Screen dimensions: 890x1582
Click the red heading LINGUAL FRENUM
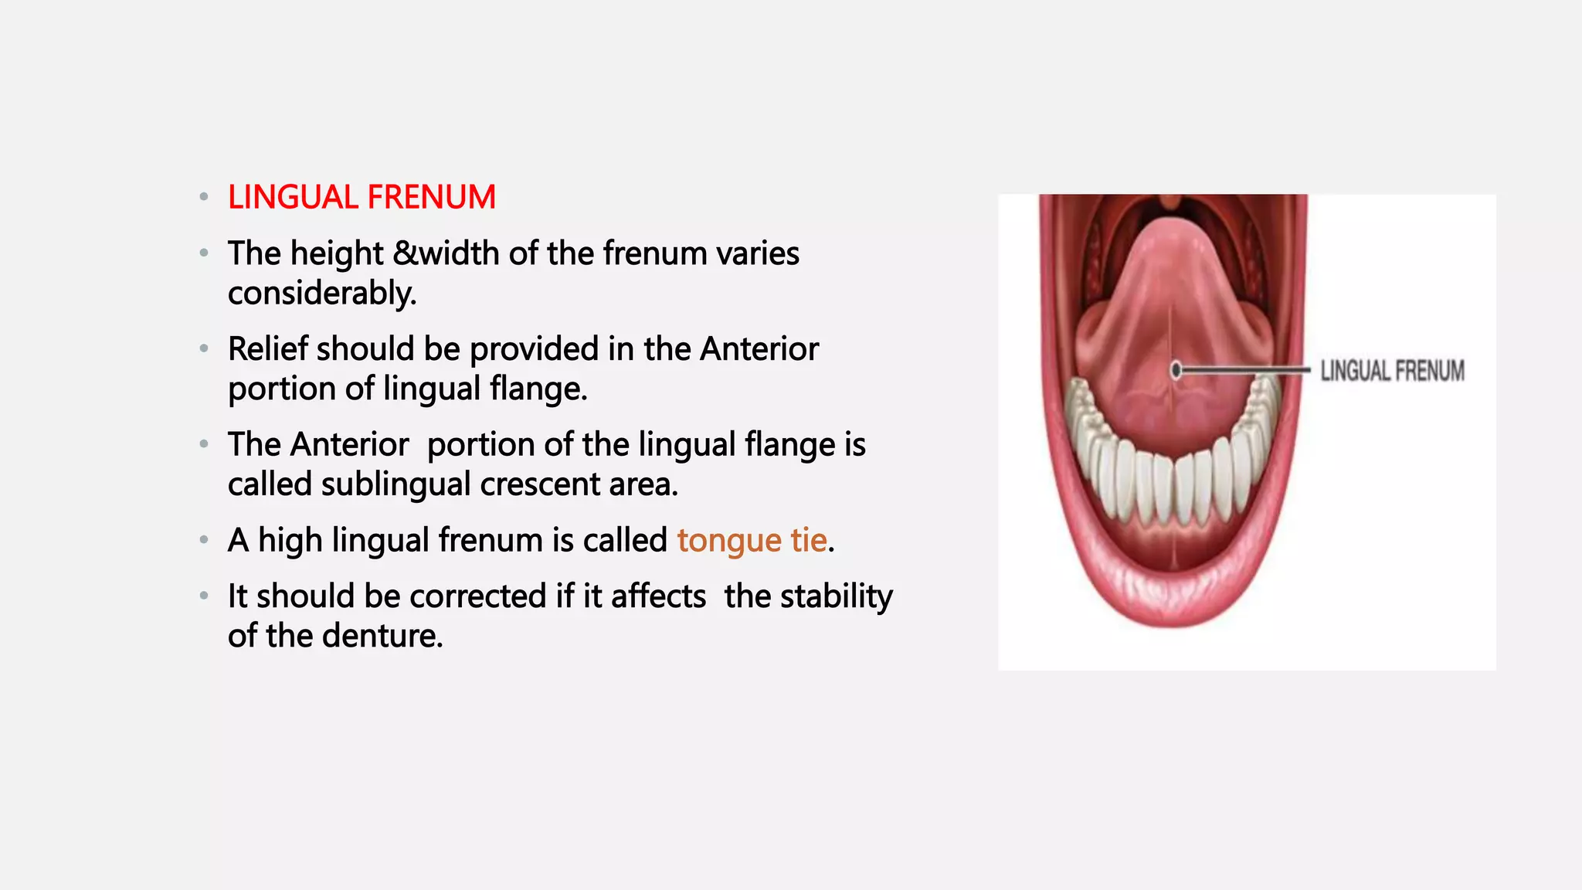[x=362, y=198]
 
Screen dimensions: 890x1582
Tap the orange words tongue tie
[x=752, y=540]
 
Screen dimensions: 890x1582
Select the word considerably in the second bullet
[x=321, y=294]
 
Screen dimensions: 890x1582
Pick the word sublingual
[x=395, y=484]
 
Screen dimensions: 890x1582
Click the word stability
[x=836, y=596]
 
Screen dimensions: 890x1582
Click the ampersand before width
[x=405, y=253]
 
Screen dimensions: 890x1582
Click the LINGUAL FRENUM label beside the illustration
[x=1392, y=371]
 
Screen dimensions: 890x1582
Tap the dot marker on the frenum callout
[x=1176, y=371]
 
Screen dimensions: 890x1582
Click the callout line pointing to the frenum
[x=1244, y=371]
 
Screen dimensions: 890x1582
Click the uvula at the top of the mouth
[x=1171, y=202]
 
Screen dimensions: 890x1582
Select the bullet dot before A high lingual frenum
[x=204, y=540]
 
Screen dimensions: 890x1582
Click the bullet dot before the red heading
[x=204, y=197]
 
